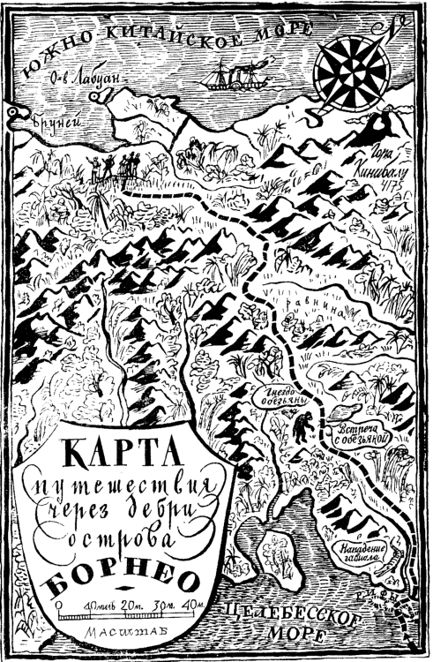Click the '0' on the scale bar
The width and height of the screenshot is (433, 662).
point(59,604)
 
